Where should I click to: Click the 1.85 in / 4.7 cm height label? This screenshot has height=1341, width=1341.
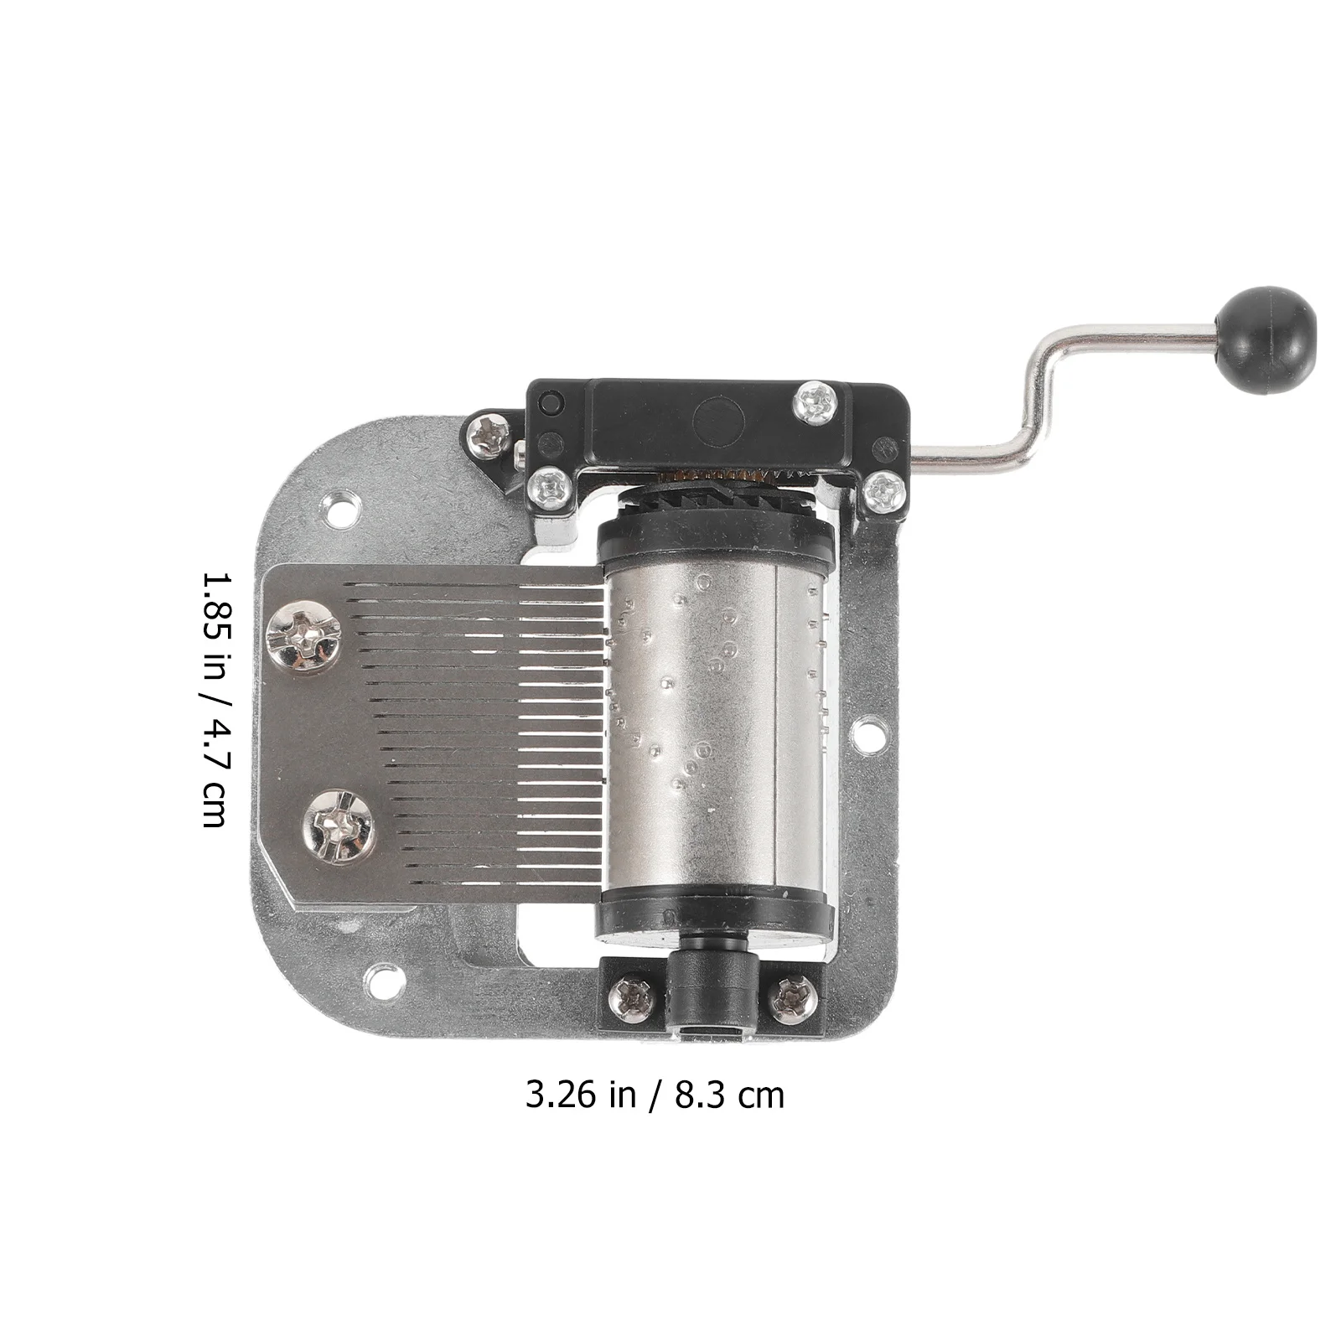[x=214, y=701]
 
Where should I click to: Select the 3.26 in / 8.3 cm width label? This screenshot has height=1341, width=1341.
[x=655, y=1095]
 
